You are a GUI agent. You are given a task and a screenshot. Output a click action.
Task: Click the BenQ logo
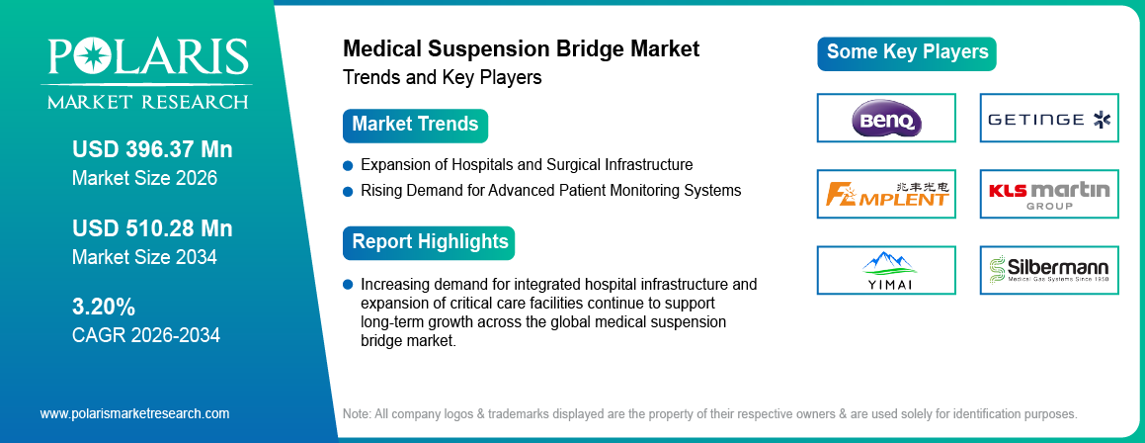(886, 119)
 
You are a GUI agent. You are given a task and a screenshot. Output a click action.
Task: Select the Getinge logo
(1049, 119)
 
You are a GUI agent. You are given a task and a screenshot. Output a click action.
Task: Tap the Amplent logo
(886, 194)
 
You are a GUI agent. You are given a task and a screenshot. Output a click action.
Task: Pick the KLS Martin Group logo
(1049, 194)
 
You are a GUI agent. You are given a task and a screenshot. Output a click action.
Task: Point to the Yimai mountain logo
(886, 269)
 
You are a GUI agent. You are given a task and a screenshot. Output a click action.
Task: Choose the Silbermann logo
(1049, 269)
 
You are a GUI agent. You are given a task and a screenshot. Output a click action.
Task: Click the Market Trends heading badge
(415, 126)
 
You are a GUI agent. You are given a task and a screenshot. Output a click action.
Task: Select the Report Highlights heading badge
(430, 242)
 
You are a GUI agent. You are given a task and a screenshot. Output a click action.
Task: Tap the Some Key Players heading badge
(907, 52)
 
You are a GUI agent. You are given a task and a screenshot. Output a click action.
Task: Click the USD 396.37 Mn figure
(152, 150)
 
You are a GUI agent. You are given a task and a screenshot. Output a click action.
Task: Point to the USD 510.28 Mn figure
(152, 228)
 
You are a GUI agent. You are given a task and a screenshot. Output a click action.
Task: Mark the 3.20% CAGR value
(104, 306)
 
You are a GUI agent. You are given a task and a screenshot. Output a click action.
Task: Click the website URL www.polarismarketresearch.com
(134, 413)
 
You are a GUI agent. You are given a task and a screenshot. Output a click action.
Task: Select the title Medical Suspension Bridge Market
(521, 49)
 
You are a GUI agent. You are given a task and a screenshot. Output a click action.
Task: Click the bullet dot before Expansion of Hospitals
(348, 165)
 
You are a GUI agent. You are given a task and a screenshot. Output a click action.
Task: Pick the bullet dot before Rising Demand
(348, 190)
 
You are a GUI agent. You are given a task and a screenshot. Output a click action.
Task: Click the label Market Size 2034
(144, 257)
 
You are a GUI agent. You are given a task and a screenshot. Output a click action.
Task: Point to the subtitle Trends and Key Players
(442, 77)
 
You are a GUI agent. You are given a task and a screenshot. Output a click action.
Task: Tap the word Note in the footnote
(358, 413)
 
